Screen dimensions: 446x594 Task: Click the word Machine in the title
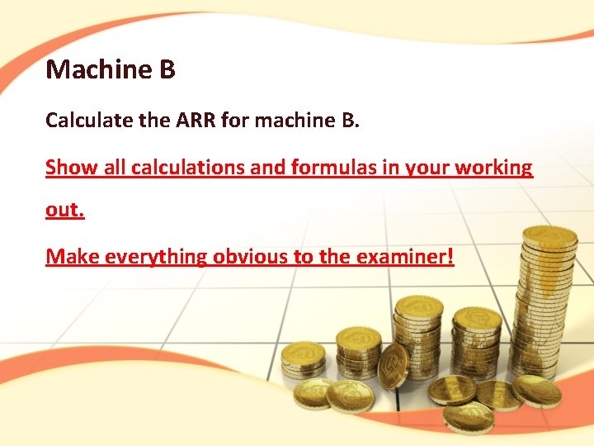point(93,69)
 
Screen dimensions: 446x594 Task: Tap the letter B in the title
point(166,69)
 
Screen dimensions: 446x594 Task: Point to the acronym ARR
point(195,121)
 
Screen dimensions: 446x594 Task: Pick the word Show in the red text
point(66,168)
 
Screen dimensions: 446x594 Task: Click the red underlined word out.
point(64,210)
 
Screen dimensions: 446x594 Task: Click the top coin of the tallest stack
point(549,236)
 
